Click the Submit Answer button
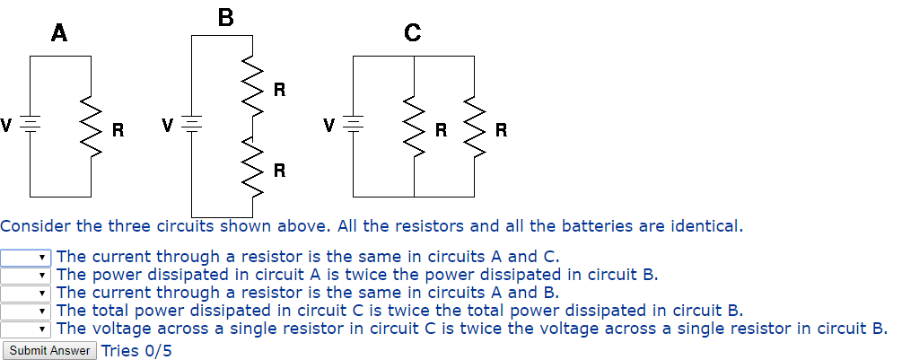tap(49, 350)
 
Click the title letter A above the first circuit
tap(59, 34)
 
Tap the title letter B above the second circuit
tap(226, 16)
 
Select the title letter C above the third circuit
tap(412, 34)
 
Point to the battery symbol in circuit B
tap(192, 123)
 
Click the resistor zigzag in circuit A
tap(90, 127)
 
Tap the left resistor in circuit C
tap(414, 127)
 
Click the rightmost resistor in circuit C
tap(474, 127)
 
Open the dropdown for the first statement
tap(26, 258)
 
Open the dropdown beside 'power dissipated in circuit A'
tap(26, 275)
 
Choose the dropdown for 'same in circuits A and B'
tap(26, 293)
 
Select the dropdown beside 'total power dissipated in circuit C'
tap(26, 311)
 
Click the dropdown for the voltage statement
tap(26, 329)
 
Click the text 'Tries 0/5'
tap(136, 350)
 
